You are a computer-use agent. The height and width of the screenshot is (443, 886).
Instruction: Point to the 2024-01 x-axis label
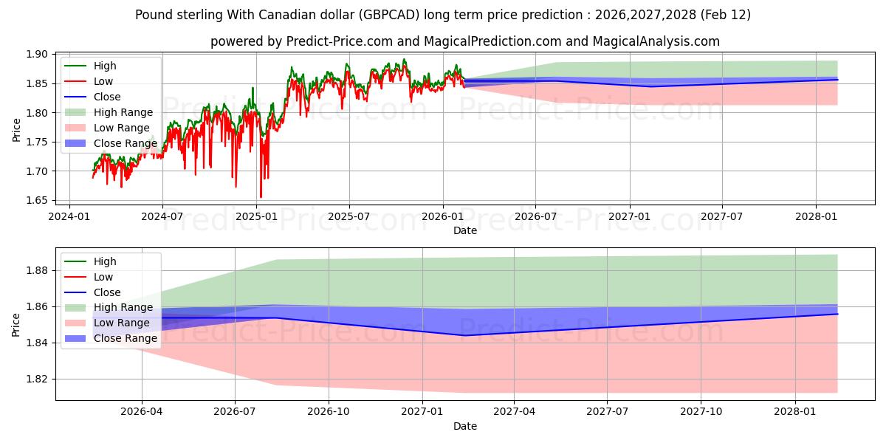pos(69,217)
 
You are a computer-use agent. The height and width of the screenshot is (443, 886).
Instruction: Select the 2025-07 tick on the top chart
pos(348,217)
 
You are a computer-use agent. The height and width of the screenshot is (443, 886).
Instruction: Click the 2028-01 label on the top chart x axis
pos(816,217)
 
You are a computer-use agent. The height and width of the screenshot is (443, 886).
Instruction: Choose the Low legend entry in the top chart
pos(103,81)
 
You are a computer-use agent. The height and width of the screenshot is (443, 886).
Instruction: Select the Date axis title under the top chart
pos(465,230)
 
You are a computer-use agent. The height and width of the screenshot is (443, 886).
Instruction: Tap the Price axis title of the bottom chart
pos(16,324)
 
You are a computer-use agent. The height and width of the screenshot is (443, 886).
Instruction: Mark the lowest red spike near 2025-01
pos(261,197)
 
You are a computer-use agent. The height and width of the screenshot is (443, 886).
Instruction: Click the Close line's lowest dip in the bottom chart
pos(464,335)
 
